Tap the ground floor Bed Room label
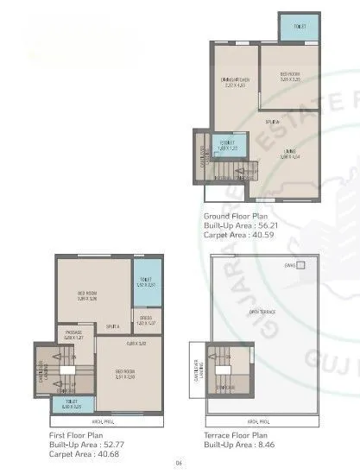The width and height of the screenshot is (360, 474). [x=289, y=76]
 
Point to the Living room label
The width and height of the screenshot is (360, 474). [x=288, y=155]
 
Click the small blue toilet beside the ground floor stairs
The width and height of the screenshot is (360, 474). [x=228, y=145]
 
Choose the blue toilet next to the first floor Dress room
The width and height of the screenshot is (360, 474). [x=144, y=281]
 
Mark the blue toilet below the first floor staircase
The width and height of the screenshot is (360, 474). [x=71, y=403]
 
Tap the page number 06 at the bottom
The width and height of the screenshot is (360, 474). [x=180, y=465]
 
